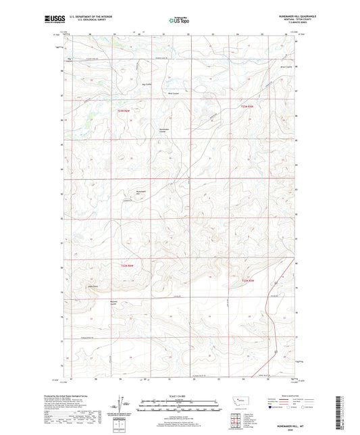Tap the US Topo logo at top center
[x=174, y=20]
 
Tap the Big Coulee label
[x=146, y=84]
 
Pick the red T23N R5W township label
[x=250, y=107]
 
